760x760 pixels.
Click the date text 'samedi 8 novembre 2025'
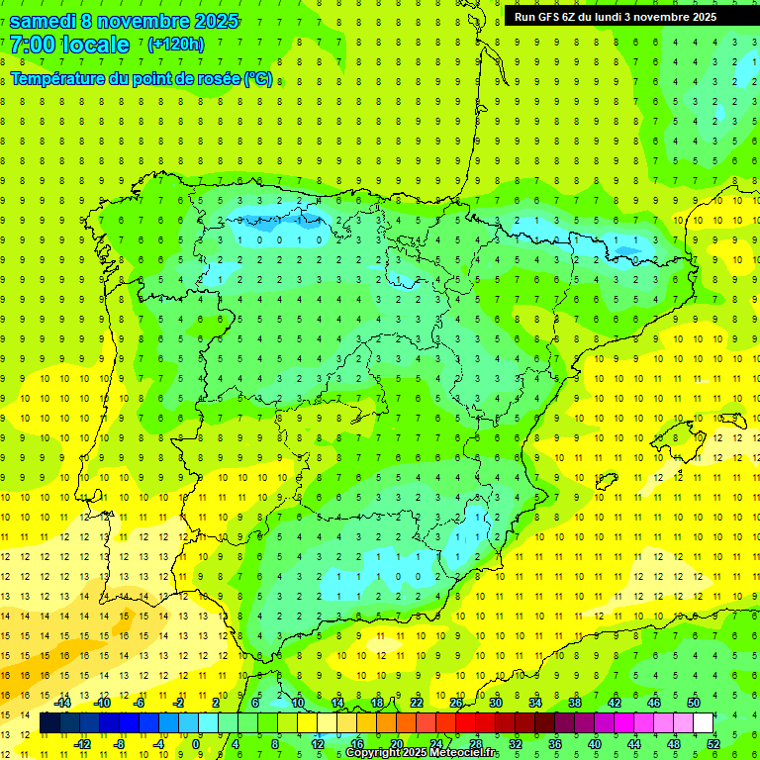click(x=124, y=21)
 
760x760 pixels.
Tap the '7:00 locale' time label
click(x=69, y=45)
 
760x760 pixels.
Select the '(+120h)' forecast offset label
click(x=175, y=45)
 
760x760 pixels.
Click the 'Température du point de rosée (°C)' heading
click(x=142, y=79)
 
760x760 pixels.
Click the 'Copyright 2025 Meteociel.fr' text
click(x=423, y=753)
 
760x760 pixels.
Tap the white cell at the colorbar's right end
click(x=704, y=723)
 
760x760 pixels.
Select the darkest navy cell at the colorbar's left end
click(x=49, y=723)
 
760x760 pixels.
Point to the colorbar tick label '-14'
click(x=62, y=703)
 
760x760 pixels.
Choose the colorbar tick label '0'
click(x=197, y=744)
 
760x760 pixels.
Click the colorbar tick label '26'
click(x=456, y=703)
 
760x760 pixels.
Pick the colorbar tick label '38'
click(x=575, y=703)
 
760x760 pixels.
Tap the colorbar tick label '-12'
click(x=82, y=744)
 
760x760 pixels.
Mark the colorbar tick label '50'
click(x=694, y=703)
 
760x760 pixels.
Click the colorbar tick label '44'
click(x=634, y=744)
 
